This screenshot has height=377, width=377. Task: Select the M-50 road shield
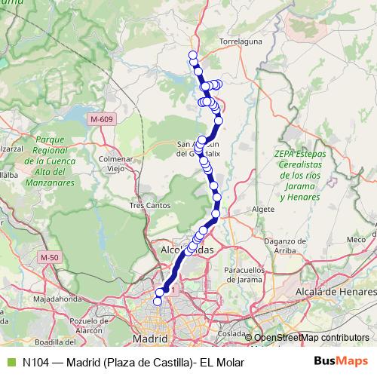pyautogui.click(x=49, y=258)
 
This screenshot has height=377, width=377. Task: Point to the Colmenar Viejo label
pyautogui.click(x=116, y=164)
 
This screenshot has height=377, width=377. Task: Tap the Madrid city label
pyautogui.click(x=149, y=339)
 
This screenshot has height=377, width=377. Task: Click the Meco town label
pyautogui.click(x=355, y=239)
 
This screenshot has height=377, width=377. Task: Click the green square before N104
pyautogui.click(x=11, y=362)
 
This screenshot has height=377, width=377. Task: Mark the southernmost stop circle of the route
pyautogui.click(x=158, y=301)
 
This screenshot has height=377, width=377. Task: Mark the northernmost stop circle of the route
pyautogui.click(x=193, y=54)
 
